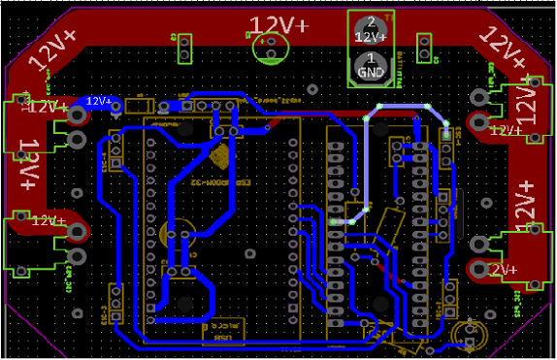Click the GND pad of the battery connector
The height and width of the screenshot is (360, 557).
point(370,65)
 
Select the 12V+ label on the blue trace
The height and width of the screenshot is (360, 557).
point(99,101)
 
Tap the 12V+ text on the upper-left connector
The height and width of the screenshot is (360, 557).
point(47,109)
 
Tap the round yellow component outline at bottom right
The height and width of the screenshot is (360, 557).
point(469,335)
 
